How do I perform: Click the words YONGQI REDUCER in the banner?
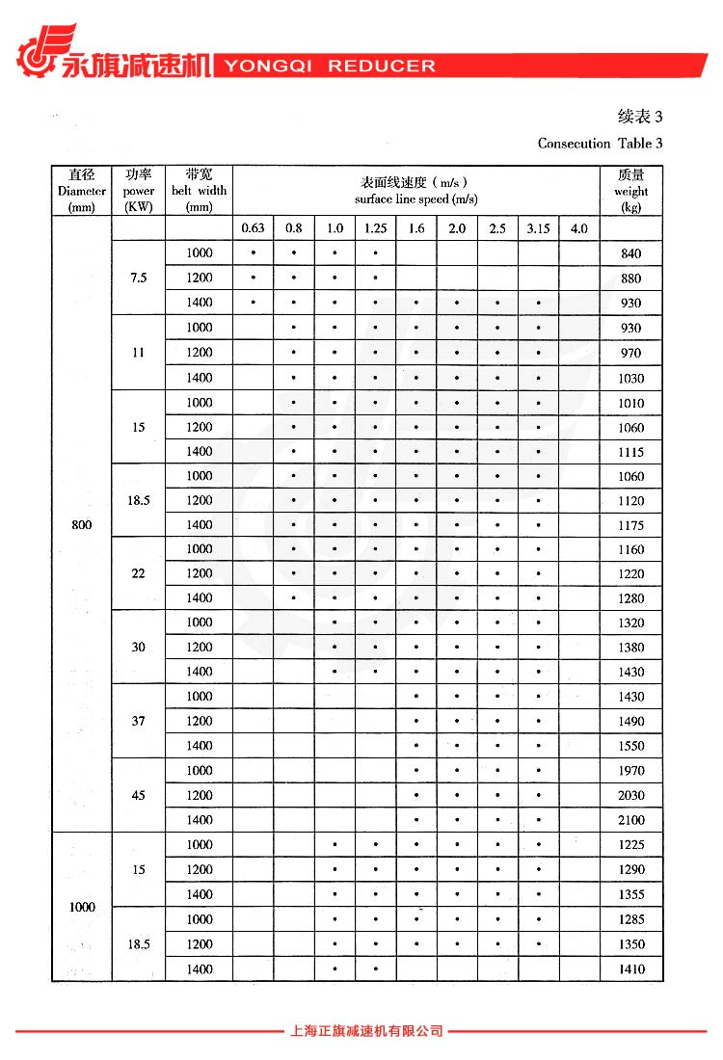click(x=330, y=66)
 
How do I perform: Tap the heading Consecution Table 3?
click(x=600, y=144)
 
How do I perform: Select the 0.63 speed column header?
click(x=253, y=228)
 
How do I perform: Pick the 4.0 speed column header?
click(x=578, y=228)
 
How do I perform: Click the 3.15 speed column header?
click(x=538, y=228)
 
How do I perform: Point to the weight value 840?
click(x=631, y=253)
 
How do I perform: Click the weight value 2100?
click(x=631, y=820)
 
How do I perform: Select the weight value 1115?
click(x=631, y=452)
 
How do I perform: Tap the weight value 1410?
click(x=631, y=969)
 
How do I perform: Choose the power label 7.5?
click(x=139, y=278)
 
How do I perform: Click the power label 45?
click(x=139, y=795)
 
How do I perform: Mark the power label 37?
click(x=139, y=721)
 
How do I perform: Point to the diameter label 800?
click(x=82, y=525)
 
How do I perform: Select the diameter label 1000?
click(x=82, y=908)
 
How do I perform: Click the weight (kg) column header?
click(x=631, y=191)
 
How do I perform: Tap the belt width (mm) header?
click(x=200, y=191)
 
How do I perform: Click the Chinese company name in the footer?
click(x=366, y=1031)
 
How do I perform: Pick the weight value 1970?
click(x=631, y=771)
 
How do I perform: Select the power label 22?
click(x=139, y=573)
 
